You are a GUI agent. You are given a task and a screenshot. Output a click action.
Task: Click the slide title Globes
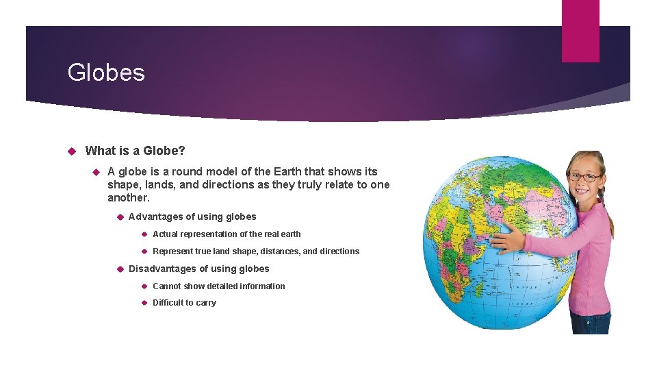coord(106,73)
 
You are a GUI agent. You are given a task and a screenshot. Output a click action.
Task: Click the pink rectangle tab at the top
coord(580,31)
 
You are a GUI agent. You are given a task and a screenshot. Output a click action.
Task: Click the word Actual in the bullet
coord(165,234)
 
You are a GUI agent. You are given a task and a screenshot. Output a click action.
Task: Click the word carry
coord(205,303)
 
